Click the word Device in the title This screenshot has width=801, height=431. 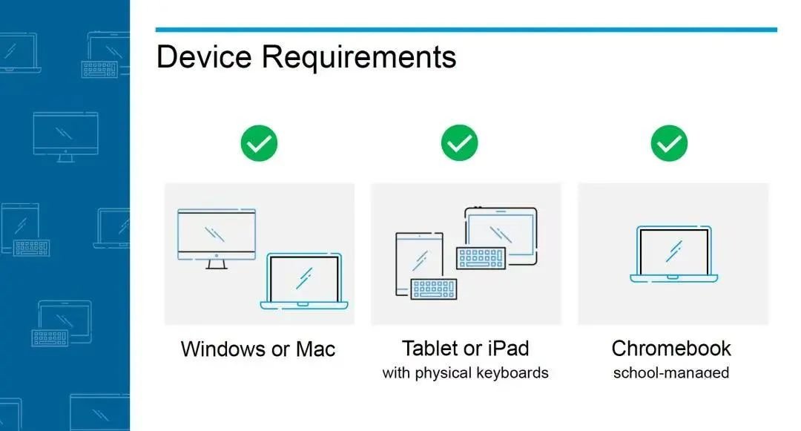click(204, 56)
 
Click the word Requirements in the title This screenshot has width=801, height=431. click(359, 57)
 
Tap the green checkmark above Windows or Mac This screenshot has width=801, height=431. click(259, 143)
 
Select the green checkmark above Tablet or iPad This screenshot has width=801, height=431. click(459, 143)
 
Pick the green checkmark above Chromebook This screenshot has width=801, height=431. click(669, 143)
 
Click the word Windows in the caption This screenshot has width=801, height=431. click(222, 349)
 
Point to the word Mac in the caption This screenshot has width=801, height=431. click(316, 349)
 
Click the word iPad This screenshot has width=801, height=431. click(508, 348)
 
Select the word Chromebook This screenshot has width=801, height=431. click(671, 348)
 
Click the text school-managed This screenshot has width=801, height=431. click(671, 373)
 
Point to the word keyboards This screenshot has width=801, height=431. click(512, 373)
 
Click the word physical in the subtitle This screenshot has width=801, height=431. click(443, 373)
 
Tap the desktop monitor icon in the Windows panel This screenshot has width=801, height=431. click(217, 238)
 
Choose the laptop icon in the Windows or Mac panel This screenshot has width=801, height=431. click(304, 281)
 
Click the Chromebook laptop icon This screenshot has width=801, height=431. click(673, 254)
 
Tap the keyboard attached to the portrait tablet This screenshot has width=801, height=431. click(434, 289)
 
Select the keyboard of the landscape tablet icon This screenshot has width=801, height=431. click(481, 258)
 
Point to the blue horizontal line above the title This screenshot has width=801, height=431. click(467, 30)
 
